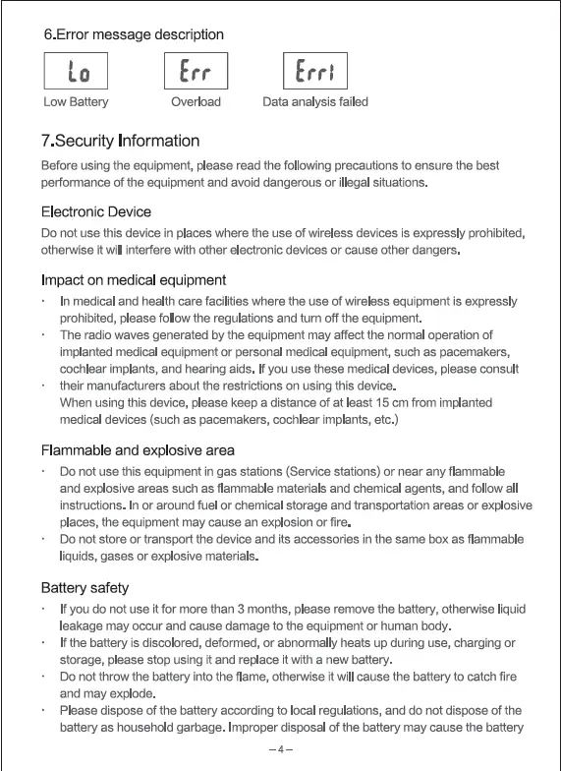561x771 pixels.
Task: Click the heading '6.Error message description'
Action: pos(134,34)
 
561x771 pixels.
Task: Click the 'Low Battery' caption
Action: pos(76,102)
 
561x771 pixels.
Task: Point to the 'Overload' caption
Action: pos(196,102)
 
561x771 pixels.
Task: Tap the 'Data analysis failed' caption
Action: pos(315,102)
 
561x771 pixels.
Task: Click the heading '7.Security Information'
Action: pos(120,141)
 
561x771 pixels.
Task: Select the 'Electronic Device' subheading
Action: pos(96,211)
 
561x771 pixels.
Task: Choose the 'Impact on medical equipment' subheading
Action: pos(134,280)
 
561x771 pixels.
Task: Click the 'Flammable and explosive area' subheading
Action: pos(138,450)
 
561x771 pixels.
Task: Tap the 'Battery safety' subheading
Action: pos(84,588)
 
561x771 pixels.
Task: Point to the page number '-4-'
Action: pos(281,749)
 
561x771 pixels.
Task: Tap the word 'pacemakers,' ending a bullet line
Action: pos(476,352)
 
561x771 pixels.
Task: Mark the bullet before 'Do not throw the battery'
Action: pos(44,678)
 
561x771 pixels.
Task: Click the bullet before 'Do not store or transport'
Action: pos(44,540)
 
